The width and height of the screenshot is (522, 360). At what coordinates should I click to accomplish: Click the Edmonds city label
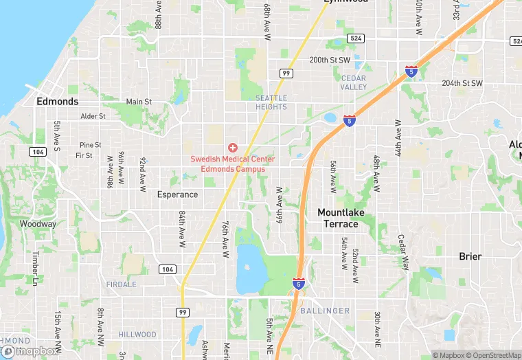[58, 101]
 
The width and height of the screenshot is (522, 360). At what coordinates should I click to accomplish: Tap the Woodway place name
[38, 224]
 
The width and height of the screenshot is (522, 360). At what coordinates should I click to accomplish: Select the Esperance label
[177, 194]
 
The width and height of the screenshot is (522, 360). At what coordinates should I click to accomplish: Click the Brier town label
[470, 256]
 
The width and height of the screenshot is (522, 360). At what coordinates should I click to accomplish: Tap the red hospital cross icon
[232, 148]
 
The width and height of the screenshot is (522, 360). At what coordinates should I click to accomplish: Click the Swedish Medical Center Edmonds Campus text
[232, 164]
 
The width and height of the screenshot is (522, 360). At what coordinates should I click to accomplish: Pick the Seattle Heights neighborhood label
[271, 102]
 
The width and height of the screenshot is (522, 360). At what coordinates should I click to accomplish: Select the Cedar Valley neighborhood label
[354, 82]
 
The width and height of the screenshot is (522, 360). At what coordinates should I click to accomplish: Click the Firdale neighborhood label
[122, 284]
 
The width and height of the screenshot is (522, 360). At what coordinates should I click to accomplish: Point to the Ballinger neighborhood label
[325, 311]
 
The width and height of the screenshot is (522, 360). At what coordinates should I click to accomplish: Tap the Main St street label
[139, 102]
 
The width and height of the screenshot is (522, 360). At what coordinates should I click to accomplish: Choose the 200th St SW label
[330, 60]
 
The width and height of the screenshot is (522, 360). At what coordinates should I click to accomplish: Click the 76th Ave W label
[225, 239]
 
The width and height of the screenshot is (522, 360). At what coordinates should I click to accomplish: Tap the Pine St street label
[90, 145]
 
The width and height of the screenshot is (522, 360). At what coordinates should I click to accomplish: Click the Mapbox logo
[29, 351]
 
